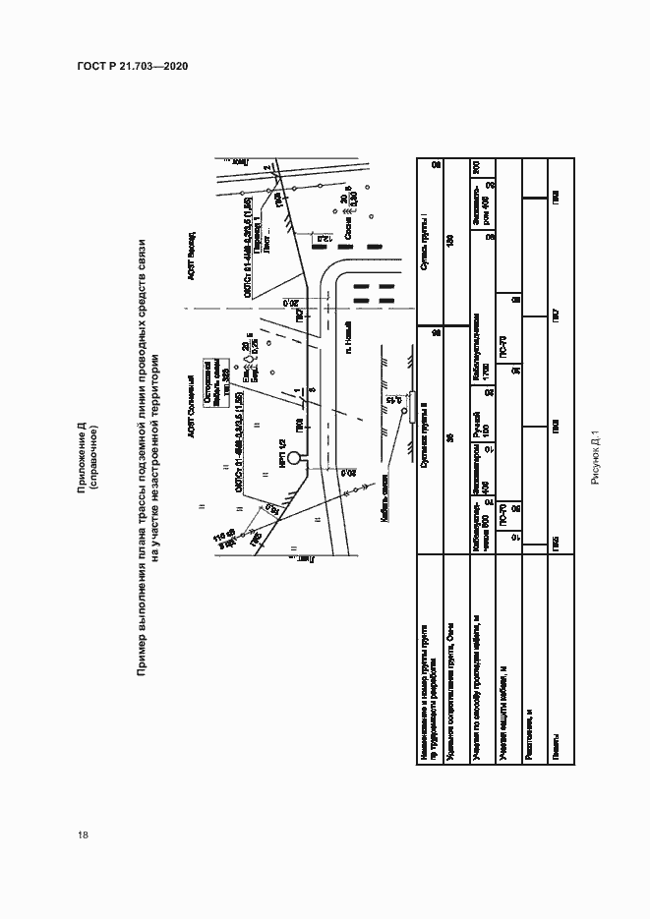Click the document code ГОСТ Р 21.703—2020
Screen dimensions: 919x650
132,66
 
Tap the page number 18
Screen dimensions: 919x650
84,834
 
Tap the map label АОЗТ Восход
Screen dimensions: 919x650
192,254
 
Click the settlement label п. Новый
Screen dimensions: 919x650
348,350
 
